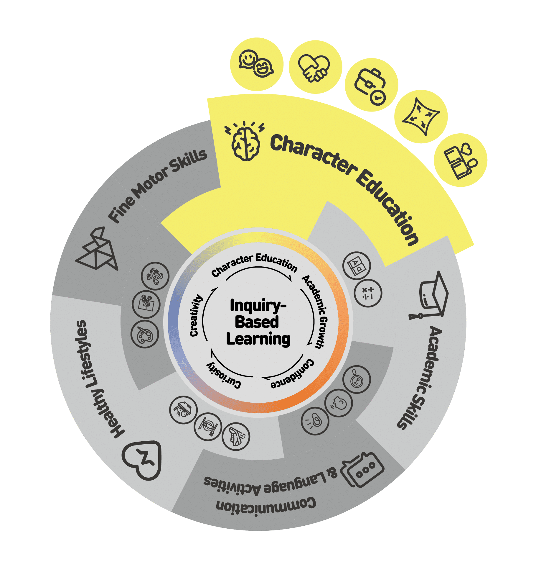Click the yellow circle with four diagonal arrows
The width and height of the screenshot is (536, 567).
(x=421, y=117)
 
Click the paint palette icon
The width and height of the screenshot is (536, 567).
(x=145, y=335)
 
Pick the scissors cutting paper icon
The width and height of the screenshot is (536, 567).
(x=146, y=304)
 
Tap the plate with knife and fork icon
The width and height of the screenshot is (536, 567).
(x=208, y=426)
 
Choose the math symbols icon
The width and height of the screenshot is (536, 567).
(x=368, y=293)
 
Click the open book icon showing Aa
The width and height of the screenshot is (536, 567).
(x=357, y=266)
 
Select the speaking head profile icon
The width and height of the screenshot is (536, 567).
(x=339, y=403)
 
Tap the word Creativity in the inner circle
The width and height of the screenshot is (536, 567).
(x=195, y=315)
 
